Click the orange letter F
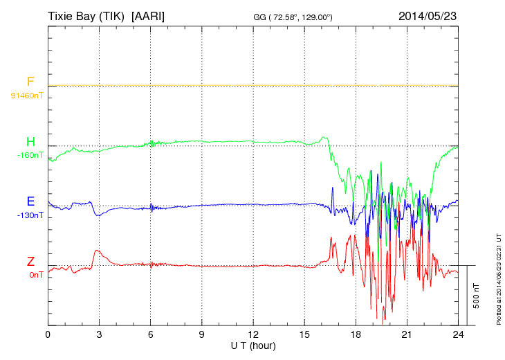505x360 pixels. (30, 82)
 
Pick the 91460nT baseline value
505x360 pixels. (27, 96)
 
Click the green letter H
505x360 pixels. (30, 142)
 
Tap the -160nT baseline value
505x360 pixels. (30, 155)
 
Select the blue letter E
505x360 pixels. (30, 201)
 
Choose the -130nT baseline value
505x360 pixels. (30, 215)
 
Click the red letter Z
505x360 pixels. (30, 261)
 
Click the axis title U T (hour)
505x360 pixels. (253, 345)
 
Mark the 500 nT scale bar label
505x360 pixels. (475, 296)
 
